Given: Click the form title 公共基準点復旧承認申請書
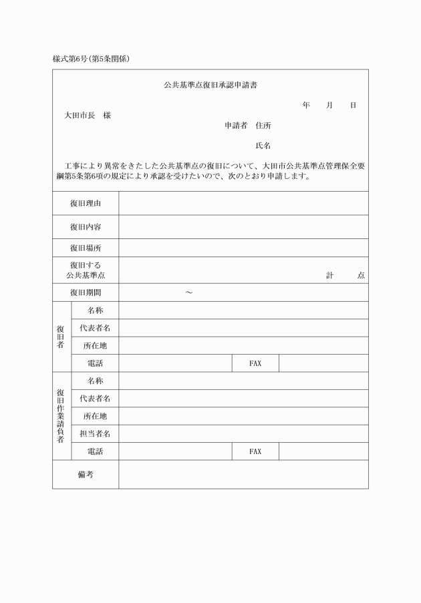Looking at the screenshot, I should pyautogui.click(x=211, y=85).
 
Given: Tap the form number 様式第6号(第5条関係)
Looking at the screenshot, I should pyautogui.click(x=91, y=59).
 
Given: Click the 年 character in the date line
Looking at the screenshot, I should pyautogui.click(x=306, y=106).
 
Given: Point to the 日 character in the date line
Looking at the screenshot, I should pyautogui.click(x=353, y=106).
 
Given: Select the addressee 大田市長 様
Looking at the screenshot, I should pyautogui.click(x=88, y=116).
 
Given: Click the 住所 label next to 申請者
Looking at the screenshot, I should pyautogui.click(x=263, y=126).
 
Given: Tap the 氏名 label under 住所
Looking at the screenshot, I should pyautogui.click(x=263, y=146).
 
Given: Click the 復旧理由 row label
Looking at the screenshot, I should pyautogui.click(x=86, y=203).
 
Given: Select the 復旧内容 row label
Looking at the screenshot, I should pyautogui.click(x=86, y=227).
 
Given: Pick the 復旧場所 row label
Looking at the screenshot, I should pyautogui.click(x=86, y=248).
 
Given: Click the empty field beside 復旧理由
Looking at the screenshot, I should pyautogui.click(x=243, y=203).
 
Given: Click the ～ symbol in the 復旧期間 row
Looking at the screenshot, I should pyautogui.click(x=189, y=292).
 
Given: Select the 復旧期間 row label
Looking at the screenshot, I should pyautogui.click(x=86, y=292).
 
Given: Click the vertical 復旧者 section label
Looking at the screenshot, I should pyautogui.click(x=61, y=337).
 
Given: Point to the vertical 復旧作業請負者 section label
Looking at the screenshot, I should pyautogui.click(x=61, y=415).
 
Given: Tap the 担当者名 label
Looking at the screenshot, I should pyautogui.click(x=95, y=433).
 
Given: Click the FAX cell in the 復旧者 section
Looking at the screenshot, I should pyautogui.click(x=255, y=363).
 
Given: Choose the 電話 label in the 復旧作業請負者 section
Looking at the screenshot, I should pyautogui.click(x=95, y=451).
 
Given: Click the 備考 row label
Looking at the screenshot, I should pyautogui.click(x=86, y=474).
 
